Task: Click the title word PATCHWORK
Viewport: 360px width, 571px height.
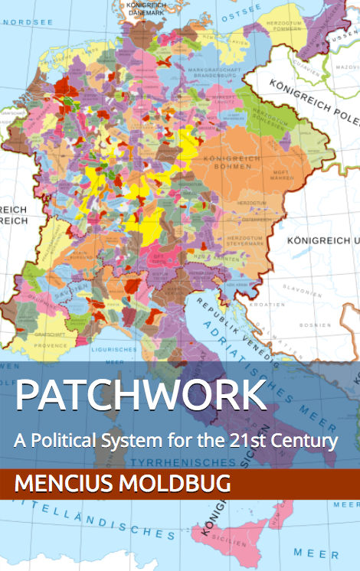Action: (x=140, y=396)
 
